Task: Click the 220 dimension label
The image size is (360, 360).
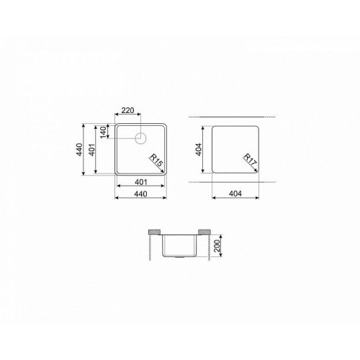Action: coord(127,110)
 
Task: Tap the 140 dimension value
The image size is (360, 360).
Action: coord(103,132)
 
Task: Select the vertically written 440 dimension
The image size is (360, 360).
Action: coord(79,149)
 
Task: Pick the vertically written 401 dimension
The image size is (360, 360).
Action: coord(92,150)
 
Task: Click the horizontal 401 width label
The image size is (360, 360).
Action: coord(141,182)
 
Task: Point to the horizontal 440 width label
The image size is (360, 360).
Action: coord(140,194)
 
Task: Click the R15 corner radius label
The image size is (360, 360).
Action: coord(156,161)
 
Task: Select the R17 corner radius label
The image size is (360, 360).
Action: coord(250,160)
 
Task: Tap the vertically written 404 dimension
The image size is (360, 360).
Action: coord(199,150)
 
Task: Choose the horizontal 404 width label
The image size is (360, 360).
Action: coord(235,194)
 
